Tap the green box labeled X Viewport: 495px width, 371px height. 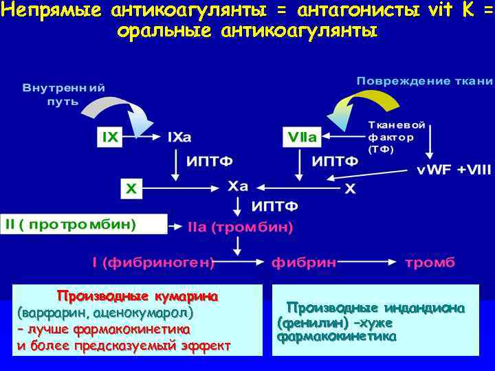tap(129, 188)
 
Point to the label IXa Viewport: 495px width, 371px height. tap(179, 137)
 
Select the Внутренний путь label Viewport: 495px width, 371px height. tap(63, 95)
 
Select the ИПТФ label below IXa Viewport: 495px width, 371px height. tap(210, 161)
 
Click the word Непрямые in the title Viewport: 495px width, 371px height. tap(40, 10)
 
